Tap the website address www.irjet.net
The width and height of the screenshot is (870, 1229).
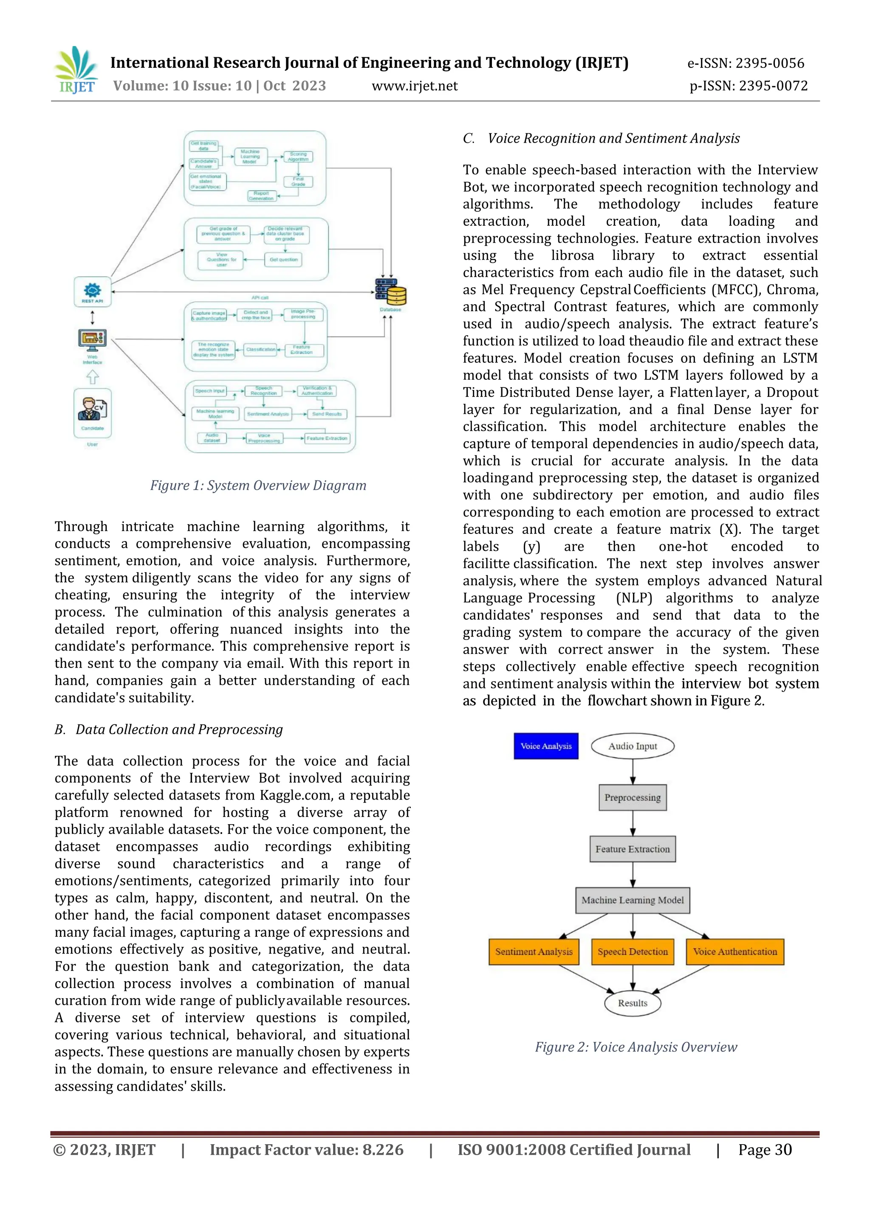(415, 86)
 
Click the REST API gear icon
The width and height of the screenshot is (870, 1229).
(92, 290)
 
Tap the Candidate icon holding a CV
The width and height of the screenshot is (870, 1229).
(92, 409)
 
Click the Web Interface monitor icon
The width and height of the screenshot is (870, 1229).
(92, 340)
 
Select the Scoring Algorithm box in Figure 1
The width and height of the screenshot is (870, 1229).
(298, 156)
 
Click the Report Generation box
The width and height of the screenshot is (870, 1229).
(261, 196)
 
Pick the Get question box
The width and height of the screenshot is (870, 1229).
(283, 260)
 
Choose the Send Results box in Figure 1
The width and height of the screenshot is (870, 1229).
(327, 414)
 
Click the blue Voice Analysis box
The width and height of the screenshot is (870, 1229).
(546, 746)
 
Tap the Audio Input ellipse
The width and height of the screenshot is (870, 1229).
(632, 746)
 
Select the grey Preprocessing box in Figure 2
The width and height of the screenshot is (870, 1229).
(632, 797)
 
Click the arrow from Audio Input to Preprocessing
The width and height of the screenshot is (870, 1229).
(633, 772)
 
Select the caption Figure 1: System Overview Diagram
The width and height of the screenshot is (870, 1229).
(258, 485)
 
